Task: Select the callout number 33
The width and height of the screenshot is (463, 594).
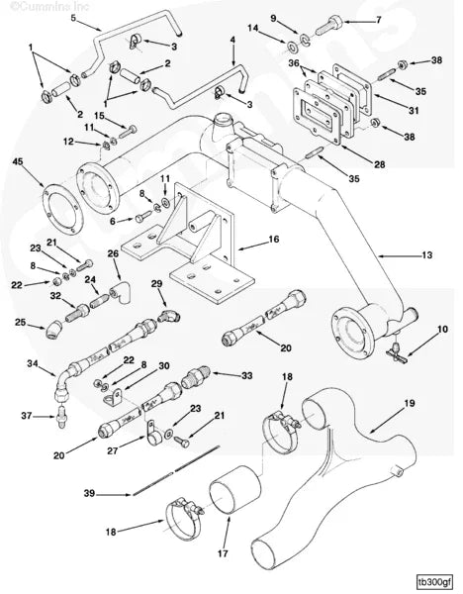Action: click(247, 376)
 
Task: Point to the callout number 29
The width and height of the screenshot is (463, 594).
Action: click(156, 283)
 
